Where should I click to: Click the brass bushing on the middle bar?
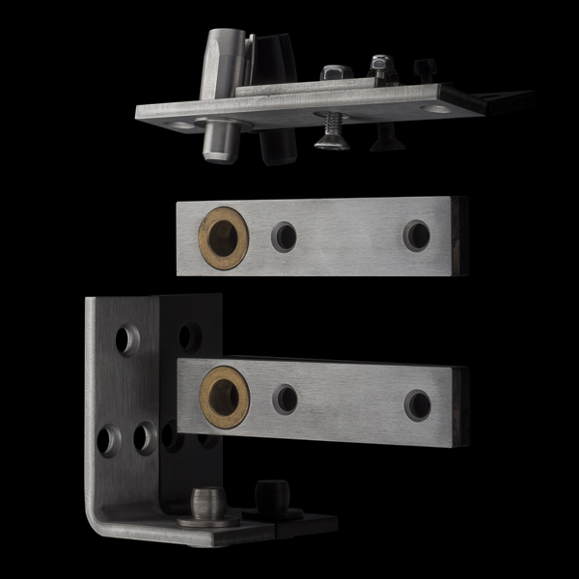point(223,237)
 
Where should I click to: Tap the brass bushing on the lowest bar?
point(225,395)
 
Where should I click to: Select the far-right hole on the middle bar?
point(417,234)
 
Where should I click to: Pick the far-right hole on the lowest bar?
point(418,404)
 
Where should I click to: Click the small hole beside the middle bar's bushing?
point(284,236)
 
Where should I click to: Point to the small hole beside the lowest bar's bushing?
point(286,400)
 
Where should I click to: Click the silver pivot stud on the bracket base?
point(207,503)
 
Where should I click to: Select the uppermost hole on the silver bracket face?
point(127,339)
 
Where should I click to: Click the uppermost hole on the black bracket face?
point(190,336)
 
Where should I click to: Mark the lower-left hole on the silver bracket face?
point(109,440)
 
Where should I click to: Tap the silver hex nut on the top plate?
point(335,73)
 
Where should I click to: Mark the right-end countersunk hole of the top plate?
point(436,108)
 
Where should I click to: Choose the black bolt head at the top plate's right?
point(425,69)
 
